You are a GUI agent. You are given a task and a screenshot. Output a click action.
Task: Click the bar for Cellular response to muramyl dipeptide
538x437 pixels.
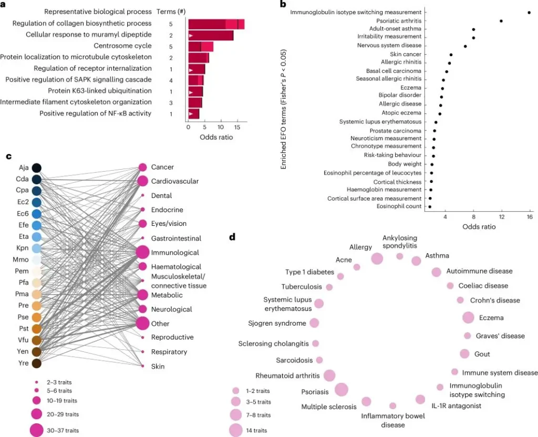point(211,35)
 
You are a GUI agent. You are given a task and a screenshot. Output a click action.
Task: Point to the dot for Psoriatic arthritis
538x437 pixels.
point(501,21)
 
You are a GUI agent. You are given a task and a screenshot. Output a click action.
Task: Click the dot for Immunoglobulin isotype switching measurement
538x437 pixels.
point(529,12)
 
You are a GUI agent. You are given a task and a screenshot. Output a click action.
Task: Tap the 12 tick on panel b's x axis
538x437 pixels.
point(502,217)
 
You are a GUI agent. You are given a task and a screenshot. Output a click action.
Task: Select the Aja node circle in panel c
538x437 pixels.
point(37,168)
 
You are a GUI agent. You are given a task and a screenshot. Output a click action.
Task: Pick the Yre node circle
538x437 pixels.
point(37,362)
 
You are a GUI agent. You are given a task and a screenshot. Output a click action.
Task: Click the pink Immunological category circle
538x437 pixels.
point(142,253)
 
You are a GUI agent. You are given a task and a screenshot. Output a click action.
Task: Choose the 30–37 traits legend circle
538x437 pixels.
point(37,430)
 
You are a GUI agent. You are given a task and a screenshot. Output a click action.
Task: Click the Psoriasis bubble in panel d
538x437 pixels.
point(342,389)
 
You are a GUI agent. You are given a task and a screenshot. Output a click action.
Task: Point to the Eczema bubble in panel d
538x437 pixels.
point(468,317)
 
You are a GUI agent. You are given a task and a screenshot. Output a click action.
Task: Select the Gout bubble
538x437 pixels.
point(464,353)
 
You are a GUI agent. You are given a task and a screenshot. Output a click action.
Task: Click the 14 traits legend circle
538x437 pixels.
point(236,430)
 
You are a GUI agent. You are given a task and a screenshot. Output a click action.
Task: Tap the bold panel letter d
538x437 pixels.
point(232,236)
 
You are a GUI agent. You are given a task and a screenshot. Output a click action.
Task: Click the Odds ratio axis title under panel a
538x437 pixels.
point(216,138)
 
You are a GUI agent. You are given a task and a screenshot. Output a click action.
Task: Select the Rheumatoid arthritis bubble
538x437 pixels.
point(330,375)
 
